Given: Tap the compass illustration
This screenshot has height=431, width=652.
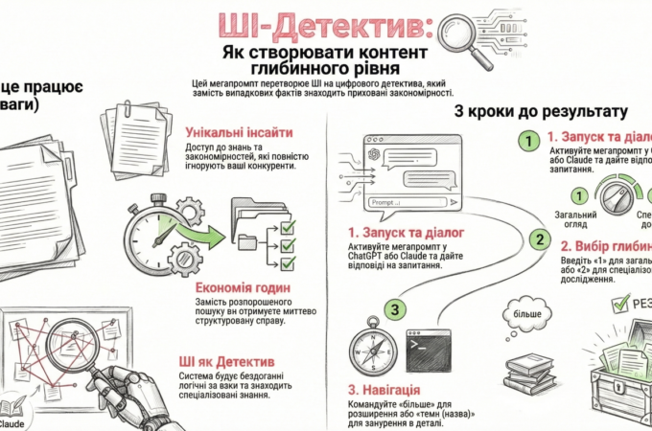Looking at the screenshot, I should pyautogui.click(x=367, y=352).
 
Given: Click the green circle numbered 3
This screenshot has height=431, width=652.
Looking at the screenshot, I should pyautogui.click(x=395, y=309).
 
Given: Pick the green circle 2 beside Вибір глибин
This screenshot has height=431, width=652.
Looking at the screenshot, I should pyautogui.click(x=542, y=239).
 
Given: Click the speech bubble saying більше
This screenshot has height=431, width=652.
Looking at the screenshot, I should pyautogui.click(x=527, y=313).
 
